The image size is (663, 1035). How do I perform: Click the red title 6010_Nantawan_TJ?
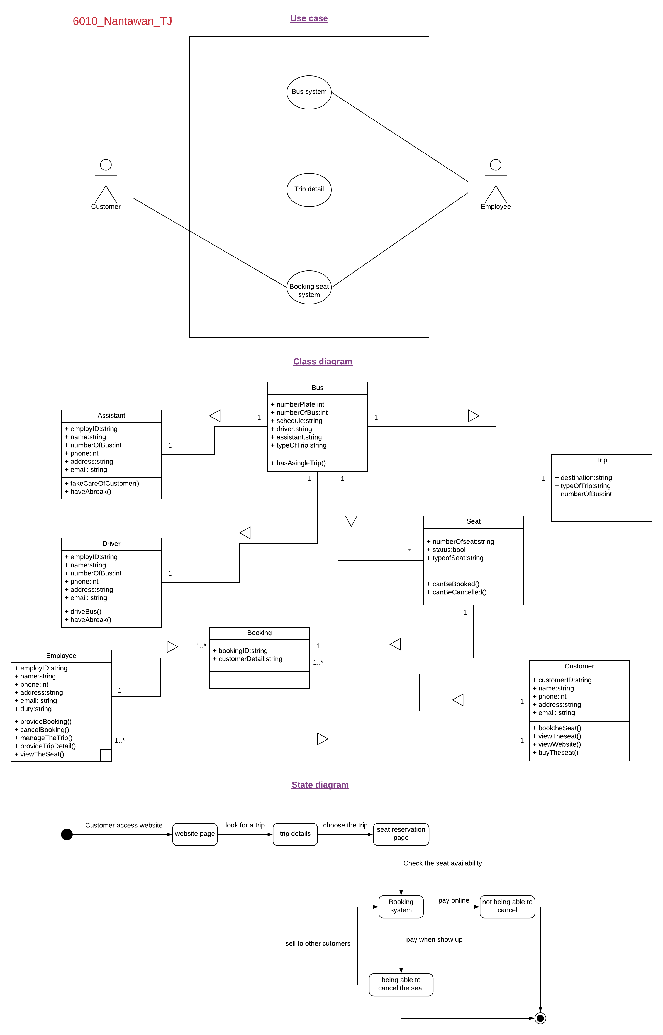click(x=122, y=21)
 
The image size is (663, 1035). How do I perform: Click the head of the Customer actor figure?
click(x=106, y=165)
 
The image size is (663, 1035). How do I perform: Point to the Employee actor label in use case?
click(x=496, y=207)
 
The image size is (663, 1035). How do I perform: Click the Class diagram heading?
click(x=323, y=362)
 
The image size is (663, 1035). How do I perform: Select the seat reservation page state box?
click(x=401, y=834)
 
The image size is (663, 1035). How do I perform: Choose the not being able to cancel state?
click(x=507, y=906)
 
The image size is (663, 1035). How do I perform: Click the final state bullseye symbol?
click(x=540, y=1018)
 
